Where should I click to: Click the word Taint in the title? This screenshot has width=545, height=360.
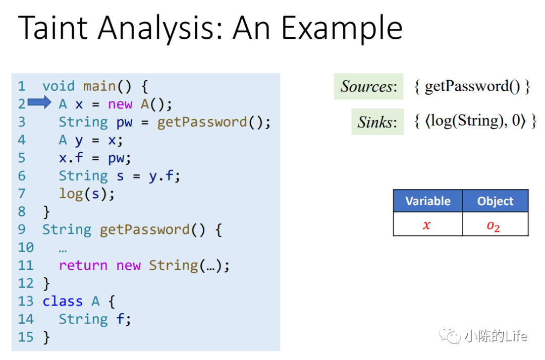(x=53, y=28)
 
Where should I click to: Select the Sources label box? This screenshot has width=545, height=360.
(x=368, y=86)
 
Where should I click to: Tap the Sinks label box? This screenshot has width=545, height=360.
(x=377, y=122)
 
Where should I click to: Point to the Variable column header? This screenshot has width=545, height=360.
(x=428, y=201)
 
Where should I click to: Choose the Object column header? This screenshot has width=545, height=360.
(x=496, y=201)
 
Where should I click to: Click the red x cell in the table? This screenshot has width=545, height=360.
(x=428, y=224)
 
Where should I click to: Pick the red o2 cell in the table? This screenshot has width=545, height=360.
(x=496, y=224)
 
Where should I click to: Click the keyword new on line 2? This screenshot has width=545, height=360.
(x=120, y=104)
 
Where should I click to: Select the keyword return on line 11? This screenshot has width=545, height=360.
(x=83, y=265)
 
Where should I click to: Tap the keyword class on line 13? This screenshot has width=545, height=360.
(x=63, y=302)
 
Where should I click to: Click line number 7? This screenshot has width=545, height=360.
(x=22, y=194)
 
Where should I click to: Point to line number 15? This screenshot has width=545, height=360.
(x=26, y=337)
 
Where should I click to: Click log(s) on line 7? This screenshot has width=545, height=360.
(x=83, y=194)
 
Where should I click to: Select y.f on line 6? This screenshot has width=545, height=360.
(x=161, y=176)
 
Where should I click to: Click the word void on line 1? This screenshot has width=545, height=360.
(x=59, y=86)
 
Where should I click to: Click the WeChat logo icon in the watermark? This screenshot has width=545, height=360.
(x=450, y=335)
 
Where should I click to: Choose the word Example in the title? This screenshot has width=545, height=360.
(x=342, y=28)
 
